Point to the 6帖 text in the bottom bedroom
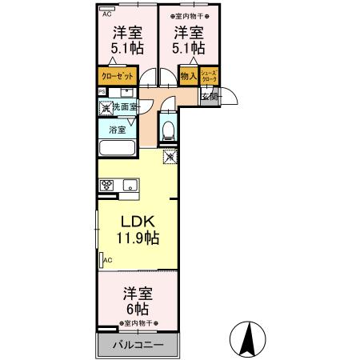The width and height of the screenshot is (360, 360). point(136,309)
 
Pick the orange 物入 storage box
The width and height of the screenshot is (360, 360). point(188,77)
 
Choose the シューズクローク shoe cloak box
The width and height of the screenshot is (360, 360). point(208,77)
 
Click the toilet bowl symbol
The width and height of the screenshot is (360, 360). point(168,128)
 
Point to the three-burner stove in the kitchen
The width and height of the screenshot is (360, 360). point(106,185)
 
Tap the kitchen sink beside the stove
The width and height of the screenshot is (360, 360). point(130,186)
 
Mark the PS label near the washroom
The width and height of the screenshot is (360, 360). point(102,91)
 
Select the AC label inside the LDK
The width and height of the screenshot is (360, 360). point(107,260)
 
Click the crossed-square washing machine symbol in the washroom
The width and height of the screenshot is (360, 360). point(104,106)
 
